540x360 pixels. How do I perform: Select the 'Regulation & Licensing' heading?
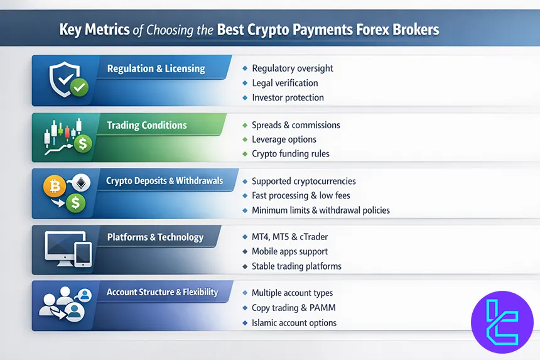[156, 68]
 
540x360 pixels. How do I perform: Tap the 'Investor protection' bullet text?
[288, 97]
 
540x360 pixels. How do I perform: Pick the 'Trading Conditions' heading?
[146, 125]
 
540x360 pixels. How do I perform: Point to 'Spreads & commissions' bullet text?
[296, 125]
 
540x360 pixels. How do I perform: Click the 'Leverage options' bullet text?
[284, 139]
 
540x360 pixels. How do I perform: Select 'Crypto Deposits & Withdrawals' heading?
[165, 181]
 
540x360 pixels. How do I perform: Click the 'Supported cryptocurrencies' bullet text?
[304, 181]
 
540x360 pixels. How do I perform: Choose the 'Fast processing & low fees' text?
[301, 195]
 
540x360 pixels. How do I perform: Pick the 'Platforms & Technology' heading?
[155, 237]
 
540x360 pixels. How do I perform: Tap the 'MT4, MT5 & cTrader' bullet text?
[289, 237]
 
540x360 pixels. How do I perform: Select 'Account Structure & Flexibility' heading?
[162, 292]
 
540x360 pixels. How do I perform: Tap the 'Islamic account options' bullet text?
[294, 322]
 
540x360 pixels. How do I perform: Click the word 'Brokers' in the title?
[408, 30]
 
